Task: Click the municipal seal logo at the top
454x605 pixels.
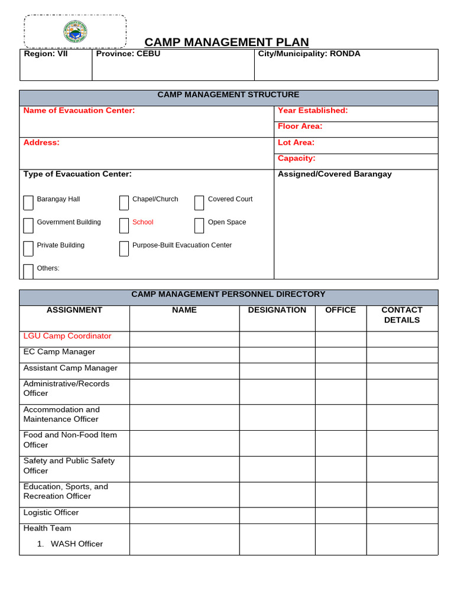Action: [75, 31]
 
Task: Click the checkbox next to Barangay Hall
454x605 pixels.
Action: [28, 203]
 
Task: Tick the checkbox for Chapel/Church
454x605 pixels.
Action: [124, 203]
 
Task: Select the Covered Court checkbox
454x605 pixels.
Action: [199, 203]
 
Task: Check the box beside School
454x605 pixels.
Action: [124, 226]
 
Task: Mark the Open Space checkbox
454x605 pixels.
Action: [199, 226]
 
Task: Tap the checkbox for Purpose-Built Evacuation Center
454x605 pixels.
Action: [124, 249]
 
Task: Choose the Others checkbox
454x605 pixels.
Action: [28, 271]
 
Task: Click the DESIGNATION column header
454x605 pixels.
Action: [277, 310]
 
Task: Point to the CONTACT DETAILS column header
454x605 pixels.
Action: [402, 315]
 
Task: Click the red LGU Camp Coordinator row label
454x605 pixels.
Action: [67, 336]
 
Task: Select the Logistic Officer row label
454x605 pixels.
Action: [51, 513]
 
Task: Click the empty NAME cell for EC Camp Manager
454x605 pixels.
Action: [184, 355]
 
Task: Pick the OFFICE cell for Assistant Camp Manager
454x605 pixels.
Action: [340, 371]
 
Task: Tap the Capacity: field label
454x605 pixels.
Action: [297, 158]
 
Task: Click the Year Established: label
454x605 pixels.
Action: [313, 110]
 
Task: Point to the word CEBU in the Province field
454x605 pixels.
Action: [148, 54]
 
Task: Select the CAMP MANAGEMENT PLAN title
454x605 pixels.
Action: [226, 42]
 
